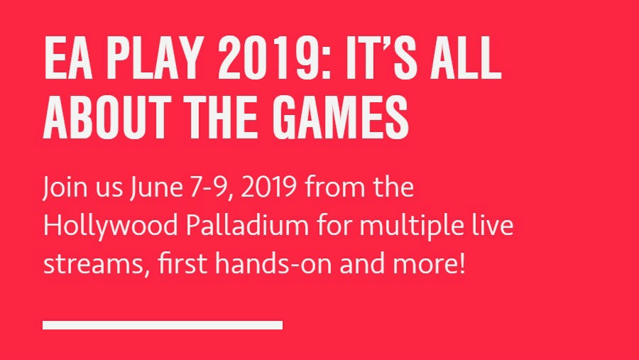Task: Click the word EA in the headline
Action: point(67,58)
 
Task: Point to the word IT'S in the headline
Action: point(382,58)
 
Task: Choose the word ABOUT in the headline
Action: point(107,117)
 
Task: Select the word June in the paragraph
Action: point(156,187)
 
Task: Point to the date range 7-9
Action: point(212,188)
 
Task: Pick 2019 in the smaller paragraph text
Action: point(269,187)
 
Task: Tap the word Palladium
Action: point(247,225)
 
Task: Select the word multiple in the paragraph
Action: point(412,226)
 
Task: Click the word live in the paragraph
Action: point(493,225)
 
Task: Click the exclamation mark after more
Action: point(461,263)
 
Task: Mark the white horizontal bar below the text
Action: point(163,325)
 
